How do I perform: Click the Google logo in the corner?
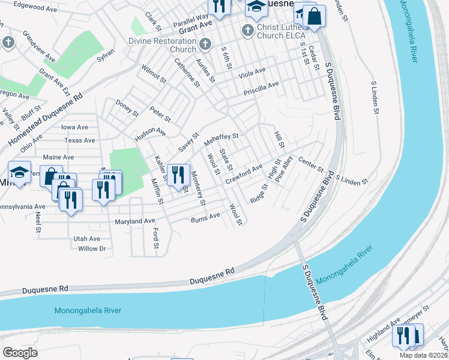coord(20,353)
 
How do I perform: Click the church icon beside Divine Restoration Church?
coord(205,44)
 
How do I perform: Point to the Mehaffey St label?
coord(221,140)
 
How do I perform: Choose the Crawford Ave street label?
coord(244,175)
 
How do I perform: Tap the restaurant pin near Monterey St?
coord(178,175)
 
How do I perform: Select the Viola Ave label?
coord(252,72)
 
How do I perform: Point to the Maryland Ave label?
coord(135,221)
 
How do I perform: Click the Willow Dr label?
coord(92,248)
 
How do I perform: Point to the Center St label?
coord(311,163)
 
